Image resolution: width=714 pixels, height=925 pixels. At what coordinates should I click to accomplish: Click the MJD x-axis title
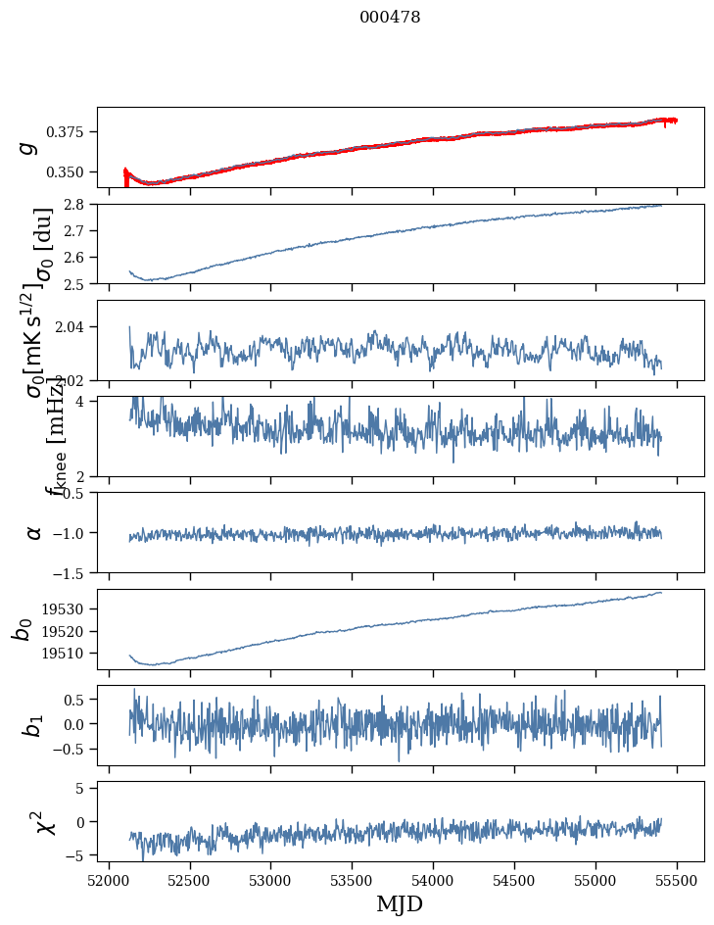400,903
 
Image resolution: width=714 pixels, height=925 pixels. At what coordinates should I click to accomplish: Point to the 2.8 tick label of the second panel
79,205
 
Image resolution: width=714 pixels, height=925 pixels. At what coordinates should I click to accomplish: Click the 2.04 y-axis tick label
74,327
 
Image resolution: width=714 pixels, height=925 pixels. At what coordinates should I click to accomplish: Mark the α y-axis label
34,532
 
